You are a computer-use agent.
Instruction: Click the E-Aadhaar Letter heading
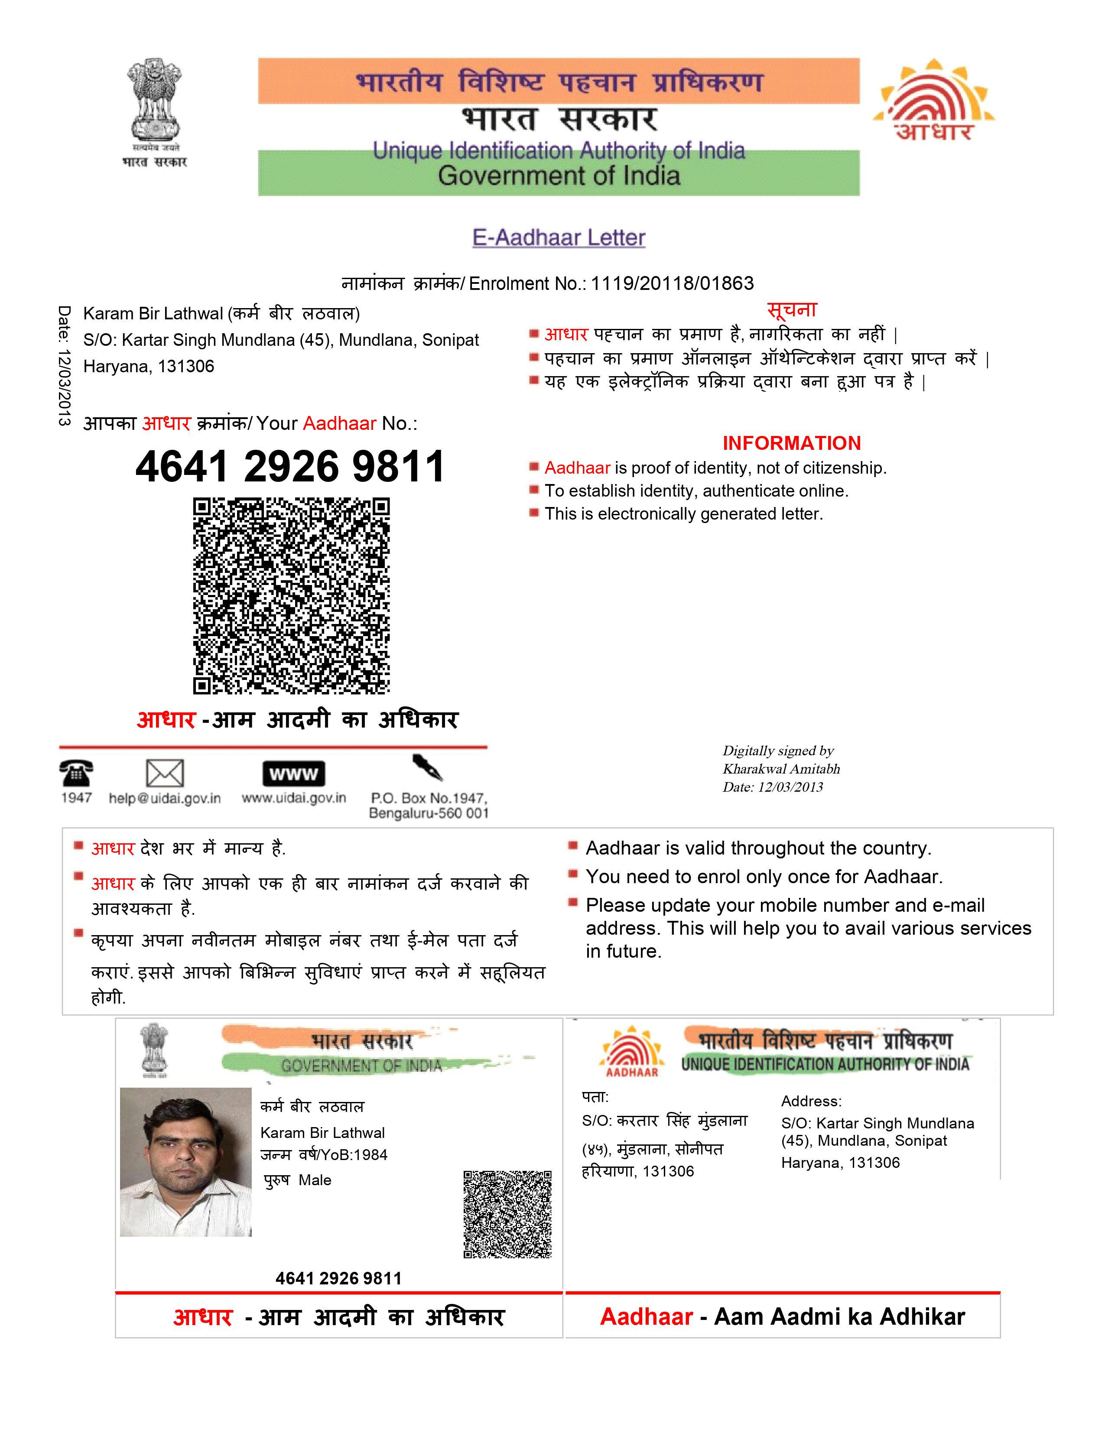pyautogui.click(x=559, y=237)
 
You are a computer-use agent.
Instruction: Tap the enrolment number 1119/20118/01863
pyautogui.click(x=672, y=283)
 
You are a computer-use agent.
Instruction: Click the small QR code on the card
pyautogui.click(x=507, y=1214)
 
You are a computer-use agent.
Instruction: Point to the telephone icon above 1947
pyautogui.click(x=76, y=773)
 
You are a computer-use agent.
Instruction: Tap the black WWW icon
pyautogui.click(x=293, y=774)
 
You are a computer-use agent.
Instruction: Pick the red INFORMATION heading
pyautogui.click(x=791, y=443)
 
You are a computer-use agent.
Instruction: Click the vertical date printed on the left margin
pyautogui.click(x=64, y=366)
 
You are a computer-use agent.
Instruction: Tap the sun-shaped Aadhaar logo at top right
pyautogui.click(x=933, y=101)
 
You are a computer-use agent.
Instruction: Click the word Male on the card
pyautogui.click(x=315, y=1180)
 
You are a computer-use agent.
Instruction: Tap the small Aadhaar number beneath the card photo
pyautogui.click(x=338, y=1278)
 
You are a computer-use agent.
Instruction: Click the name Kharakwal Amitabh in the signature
pyautogui.click(x=781, y=769)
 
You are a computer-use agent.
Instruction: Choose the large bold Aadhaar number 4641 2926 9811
pyautogui.click(x=290, y=467)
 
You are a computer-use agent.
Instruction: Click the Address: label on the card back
pyautogui.click(x=811, y=1101)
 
